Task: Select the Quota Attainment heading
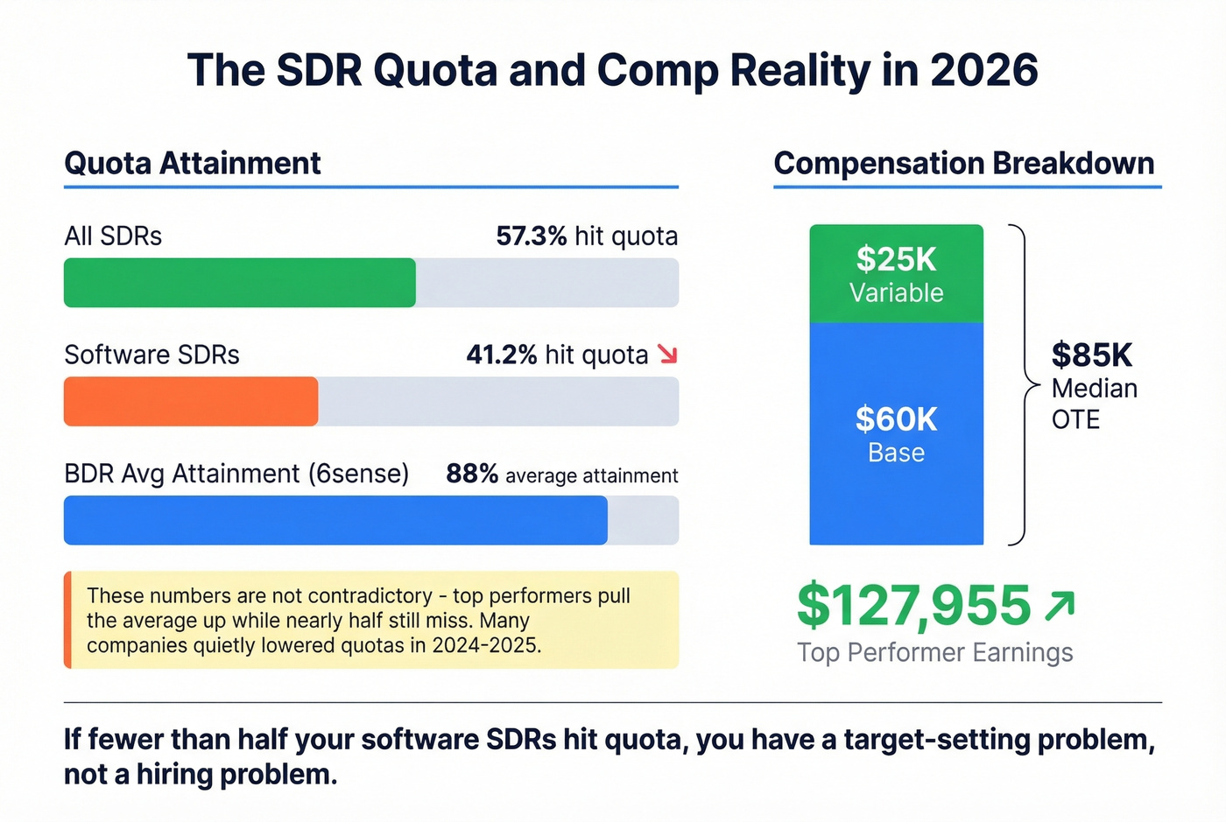pyautogui.click(x=193, y=164)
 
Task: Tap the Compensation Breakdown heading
pyautogui.click(x=964, y=164)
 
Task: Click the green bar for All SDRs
pyautogui.click(x=239, y=283)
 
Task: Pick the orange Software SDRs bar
pyautogui.click(x=191, y=402)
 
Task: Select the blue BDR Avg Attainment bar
pyautogui.click(x=335, y=520)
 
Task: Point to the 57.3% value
pyautogui.click(x=531, y=236)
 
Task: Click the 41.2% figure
pyautogui.click(x=501, y=355)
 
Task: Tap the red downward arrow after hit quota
pyautogui.click(x=667, y=355)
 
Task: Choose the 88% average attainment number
pyautogui.click(x=472, y=474)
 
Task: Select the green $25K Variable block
pyautogui.click(x=896, y=274)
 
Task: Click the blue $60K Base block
pyautogui.click(x=896, y=433)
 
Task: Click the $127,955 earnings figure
pyautogui.click(x=913, y=606)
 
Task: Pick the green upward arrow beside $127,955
pyautogui.click(x=1060, y=605)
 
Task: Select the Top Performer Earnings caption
pyautogui.click(x=934, y=653)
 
